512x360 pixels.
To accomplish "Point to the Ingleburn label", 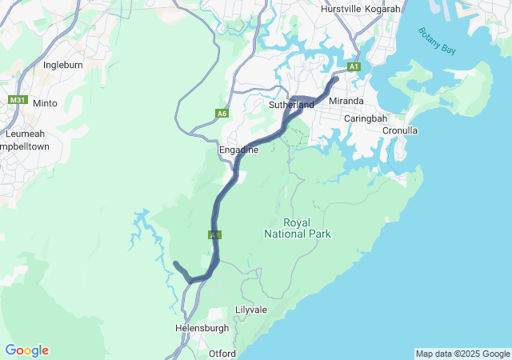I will point(63,64).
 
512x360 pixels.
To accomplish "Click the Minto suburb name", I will point(45,103).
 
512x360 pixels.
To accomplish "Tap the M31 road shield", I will point(18,101).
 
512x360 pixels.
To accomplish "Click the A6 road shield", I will point(222,114).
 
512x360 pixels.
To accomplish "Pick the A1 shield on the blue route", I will point(214,235).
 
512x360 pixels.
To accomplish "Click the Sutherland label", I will point(291,105).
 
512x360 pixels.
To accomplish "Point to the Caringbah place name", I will point(365,118).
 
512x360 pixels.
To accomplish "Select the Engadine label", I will point(238,150).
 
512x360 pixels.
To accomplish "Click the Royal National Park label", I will point(297,228).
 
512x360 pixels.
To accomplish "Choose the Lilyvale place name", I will point(251,310).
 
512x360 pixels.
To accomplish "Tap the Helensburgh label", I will point(202,328).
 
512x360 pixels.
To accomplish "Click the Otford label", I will point(222,354).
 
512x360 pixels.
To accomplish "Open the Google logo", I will point(26,350).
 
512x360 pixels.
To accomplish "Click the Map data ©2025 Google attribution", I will point(462,354).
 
